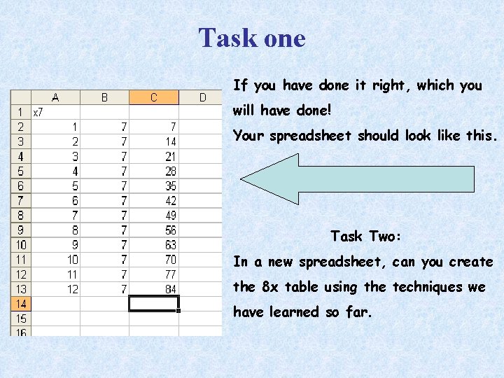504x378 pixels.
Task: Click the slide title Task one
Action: click(x=252, y=38)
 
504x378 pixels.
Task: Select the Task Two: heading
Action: click(x=366, y=237)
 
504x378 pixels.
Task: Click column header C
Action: click(x=154, y=97)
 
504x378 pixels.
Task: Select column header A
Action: click(x=55, y=97)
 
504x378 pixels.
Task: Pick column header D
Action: click(x=202, y=97)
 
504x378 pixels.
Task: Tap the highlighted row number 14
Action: click(x=20, y=304)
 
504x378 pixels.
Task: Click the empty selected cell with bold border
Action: click(x=154, y=304)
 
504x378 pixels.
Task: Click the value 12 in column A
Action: click(x=72, y=289)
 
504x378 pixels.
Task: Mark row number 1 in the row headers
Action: click(x=20, y=112)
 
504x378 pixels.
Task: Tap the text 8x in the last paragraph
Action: click(x=269, y=287)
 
